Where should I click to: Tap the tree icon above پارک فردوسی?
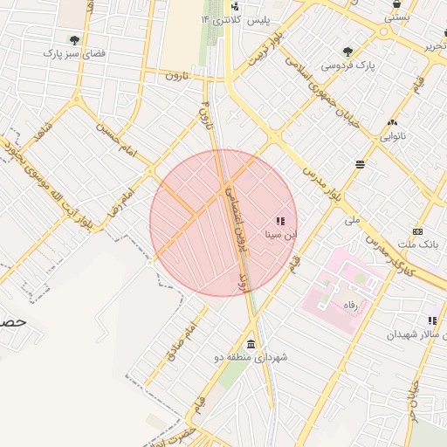point(348,52)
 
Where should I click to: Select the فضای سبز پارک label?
point(75,53)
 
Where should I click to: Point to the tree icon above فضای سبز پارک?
point(74,39)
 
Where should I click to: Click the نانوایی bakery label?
point(391,136)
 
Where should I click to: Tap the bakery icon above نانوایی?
point(392,122)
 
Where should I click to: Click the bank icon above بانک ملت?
point(417,231)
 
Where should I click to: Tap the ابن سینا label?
point(281,234)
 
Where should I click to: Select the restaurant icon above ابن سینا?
point(279,220)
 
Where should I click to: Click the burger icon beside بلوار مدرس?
point(360,164)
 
